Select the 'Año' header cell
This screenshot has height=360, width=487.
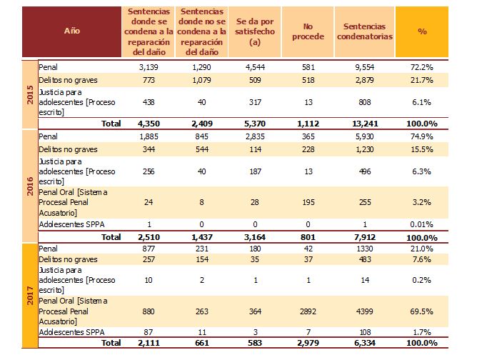[71, 31]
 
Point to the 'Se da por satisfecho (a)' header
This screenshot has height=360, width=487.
[254, 31]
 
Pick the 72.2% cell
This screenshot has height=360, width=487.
[426, 66]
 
